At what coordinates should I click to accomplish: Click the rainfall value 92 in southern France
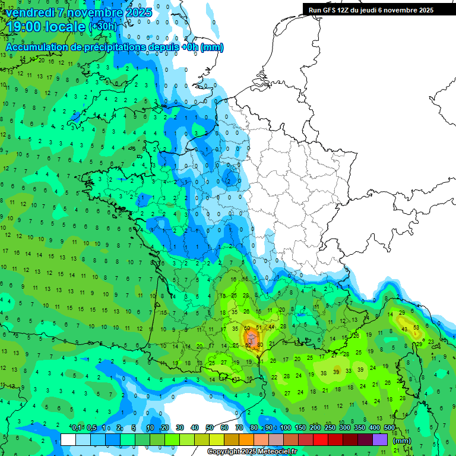(x=248, y=345)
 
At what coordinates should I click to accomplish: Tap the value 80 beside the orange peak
(x=259, y=344)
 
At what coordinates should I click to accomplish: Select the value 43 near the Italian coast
(x=404, y=329)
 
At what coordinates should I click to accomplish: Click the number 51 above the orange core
(x=258, y=327)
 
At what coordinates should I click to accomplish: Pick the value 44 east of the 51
(x=271, y=327)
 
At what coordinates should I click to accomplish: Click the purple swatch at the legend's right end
(x=380, y=439)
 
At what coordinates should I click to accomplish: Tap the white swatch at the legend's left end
(x=68, y=439)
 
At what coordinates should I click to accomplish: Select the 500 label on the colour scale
(x=389, y=427)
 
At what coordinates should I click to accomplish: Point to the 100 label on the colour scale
(x=286, y=427)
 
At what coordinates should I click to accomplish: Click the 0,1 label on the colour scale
(x=77, y=427)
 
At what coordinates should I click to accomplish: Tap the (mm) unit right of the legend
(x=402, y=441)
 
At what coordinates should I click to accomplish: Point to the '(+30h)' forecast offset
(x=103, y=27)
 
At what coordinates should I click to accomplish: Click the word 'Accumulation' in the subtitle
(x=37, y=47)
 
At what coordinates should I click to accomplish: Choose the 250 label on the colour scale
(x=330, y=427)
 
